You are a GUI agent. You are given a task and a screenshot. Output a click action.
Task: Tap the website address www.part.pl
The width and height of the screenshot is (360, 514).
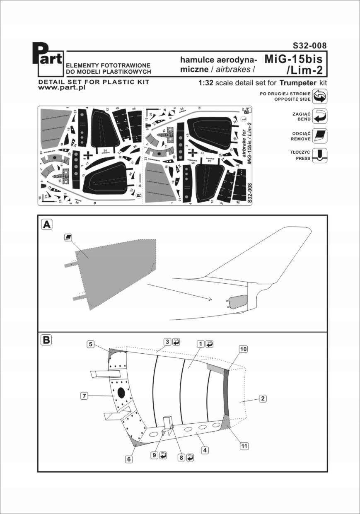62,89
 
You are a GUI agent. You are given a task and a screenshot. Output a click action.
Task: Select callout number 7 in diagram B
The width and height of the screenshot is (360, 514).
84,396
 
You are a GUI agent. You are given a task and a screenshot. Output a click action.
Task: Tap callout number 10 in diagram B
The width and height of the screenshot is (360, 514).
244,350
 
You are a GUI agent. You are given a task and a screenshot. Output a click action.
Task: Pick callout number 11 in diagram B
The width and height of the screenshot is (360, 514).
244,446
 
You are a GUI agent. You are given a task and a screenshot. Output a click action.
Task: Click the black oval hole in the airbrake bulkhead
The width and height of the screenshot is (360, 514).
121,393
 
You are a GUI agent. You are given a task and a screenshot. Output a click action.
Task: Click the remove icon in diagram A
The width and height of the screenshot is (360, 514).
69,237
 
